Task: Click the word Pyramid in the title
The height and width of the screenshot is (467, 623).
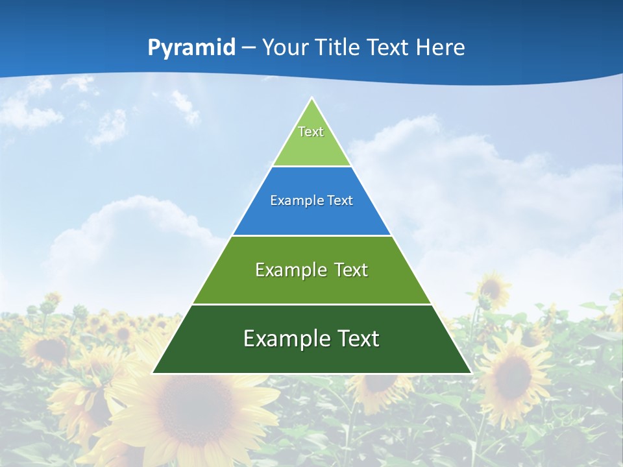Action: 191,48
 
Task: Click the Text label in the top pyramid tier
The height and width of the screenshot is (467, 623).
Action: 311,132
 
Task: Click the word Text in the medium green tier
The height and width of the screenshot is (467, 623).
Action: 351,270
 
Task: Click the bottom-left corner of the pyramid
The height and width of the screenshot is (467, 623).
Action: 153,373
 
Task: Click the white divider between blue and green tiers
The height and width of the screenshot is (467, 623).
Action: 311,235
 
